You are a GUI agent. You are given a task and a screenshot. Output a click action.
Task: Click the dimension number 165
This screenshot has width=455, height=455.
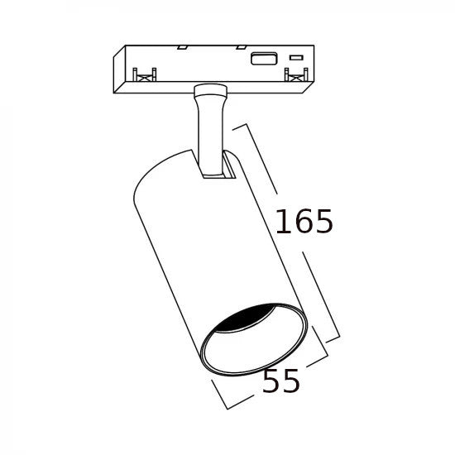click(304, 221)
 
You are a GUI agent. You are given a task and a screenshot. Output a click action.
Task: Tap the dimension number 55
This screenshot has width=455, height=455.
click(280, 381)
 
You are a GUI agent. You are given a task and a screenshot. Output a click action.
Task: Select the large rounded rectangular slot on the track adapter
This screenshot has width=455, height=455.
click(264, 59)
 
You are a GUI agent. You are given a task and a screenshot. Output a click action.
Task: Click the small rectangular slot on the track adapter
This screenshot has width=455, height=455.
click(296, 58)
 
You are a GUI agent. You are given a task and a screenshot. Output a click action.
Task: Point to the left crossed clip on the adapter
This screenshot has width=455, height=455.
click(145, 74)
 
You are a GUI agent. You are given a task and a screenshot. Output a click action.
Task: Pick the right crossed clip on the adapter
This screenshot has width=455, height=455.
click(296, 74)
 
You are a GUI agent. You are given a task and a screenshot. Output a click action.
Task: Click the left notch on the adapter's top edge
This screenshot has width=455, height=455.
click(183, 47)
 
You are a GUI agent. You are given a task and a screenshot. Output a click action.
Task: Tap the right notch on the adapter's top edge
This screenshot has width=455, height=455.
click(241, 47)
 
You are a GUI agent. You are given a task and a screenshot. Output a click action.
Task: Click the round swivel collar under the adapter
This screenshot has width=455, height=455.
click(209, 90)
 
